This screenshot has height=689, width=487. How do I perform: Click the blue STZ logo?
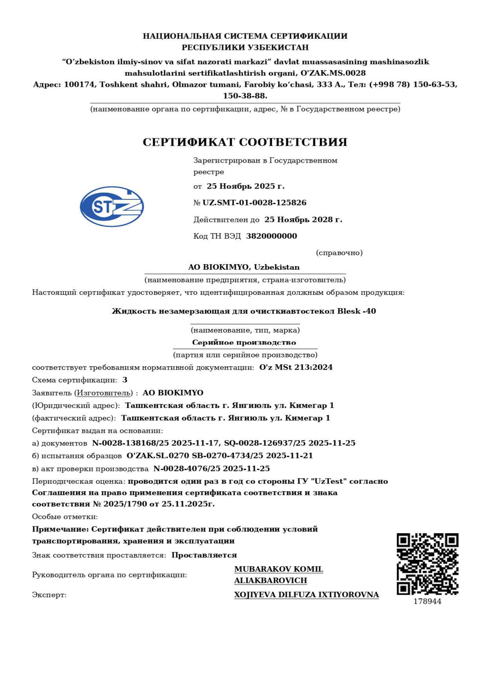112,207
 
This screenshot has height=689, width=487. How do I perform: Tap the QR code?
427,564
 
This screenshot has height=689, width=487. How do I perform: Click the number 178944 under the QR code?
427,601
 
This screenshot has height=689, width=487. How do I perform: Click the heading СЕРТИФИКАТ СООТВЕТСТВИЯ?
245,142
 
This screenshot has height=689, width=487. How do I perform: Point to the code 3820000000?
271,236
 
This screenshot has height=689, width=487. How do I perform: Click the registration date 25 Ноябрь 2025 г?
245,186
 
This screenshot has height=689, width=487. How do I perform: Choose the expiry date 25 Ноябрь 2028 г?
303,220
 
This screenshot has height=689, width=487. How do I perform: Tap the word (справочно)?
339,253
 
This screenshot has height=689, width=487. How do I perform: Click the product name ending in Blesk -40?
243,311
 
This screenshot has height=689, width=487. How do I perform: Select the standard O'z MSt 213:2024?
296,367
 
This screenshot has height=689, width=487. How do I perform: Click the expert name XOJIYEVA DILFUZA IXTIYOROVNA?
306,595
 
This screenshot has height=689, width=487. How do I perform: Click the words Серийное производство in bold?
244,342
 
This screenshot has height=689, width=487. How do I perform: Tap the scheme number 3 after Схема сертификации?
125,380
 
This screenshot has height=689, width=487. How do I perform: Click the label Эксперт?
49,595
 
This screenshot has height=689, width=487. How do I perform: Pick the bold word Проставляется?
204,555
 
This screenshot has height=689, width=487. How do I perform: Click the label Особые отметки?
65,517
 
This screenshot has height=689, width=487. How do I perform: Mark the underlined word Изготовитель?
103,393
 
